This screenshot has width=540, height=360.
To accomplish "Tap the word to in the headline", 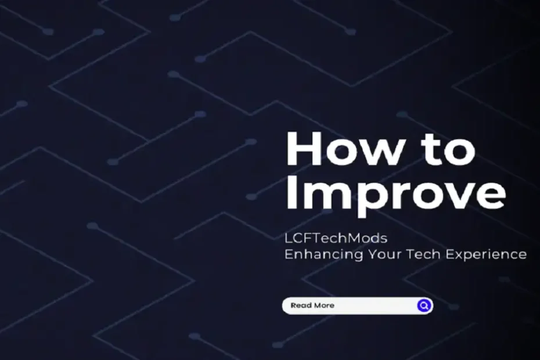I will coord(447,150).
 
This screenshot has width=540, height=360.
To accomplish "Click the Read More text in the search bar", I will coord(312,305).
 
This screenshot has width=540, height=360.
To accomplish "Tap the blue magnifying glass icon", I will coord(424,305).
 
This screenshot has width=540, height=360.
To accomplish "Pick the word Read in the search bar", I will coord(300,305).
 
